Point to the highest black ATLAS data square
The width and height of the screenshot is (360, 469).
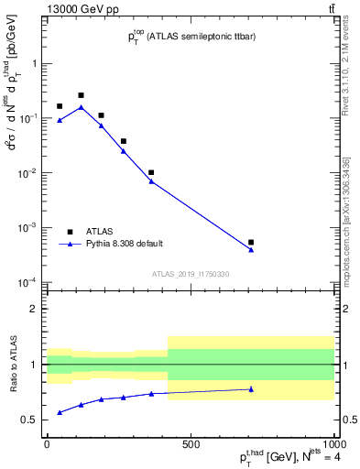coord(81,95)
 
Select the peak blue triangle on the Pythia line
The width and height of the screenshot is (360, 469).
coord(81,107)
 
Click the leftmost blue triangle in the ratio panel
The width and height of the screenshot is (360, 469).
coord(60,412)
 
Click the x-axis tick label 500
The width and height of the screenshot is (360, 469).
coord(191,444)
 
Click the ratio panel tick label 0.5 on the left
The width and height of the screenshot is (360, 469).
coord(31,420)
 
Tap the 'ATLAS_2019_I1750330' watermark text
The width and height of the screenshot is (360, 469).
coord(191,274)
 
